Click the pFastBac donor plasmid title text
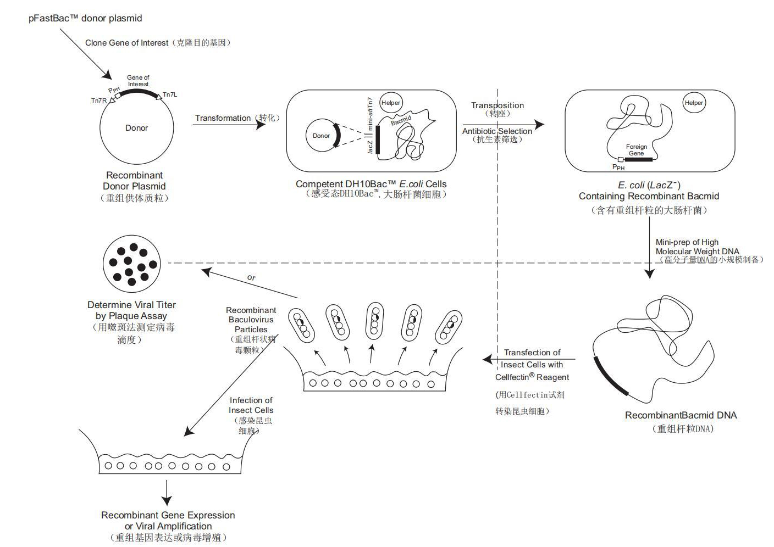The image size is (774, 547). point(85,19)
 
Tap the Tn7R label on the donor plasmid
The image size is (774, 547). point(99,101)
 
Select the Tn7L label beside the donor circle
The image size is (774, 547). point(170,94)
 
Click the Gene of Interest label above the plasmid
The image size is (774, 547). point(138,81)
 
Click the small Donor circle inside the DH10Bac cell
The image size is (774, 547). point(322,136)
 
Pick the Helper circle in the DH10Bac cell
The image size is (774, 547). point(391,103)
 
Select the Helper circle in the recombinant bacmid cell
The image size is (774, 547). point(694,103)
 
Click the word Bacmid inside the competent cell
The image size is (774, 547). point(401,120)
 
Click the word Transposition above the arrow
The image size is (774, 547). point(497,105)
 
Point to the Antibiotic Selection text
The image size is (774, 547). point(497,131)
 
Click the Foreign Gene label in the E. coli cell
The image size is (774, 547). point(637,150)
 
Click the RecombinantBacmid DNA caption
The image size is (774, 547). point(681,415)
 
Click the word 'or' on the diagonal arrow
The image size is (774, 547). point(251,277)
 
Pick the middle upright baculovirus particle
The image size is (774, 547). point(375,319)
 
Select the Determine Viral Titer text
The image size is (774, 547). point(131,310)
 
